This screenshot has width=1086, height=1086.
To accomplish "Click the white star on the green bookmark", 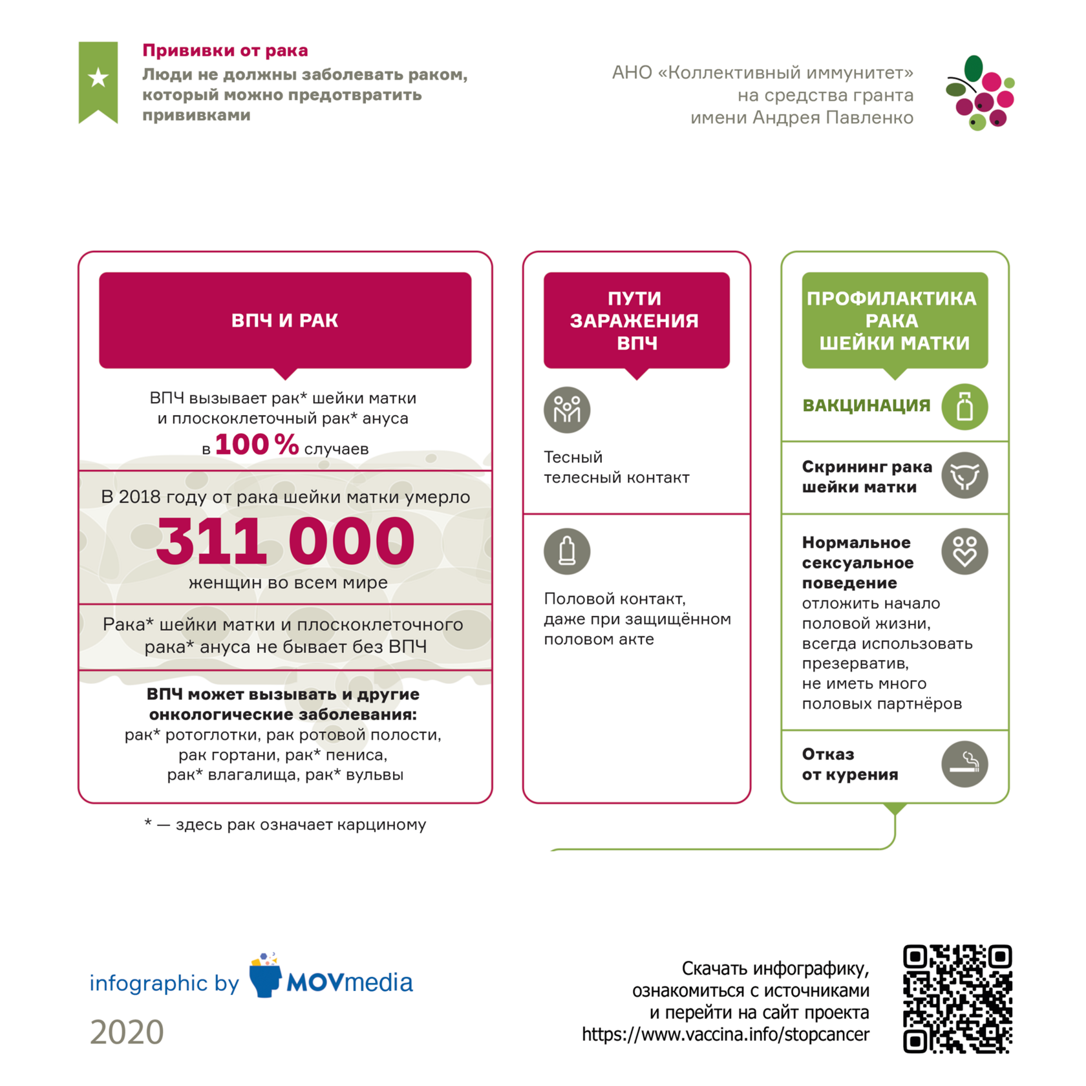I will [98, 78].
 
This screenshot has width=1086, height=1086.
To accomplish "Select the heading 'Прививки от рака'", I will [225, 50].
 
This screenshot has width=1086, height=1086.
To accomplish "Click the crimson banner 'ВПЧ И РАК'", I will [285, 320].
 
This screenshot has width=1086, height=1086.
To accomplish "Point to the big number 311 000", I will [285, 541].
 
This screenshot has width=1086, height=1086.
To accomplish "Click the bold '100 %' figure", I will [257, 445].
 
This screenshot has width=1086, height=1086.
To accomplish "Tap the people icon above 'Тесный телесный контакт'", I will [567, 410].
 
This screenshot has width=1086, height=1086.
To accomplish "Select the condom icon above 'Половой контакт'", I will [567, 551].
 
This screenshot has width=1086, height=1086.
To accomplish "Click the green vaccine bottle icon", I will [964, 407].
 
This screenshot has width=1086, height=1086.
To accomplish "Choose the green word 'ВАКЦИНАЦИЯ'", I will [866, 406].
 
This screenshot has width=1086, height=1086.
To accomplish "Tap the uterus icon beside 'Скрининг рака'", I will [964, 476].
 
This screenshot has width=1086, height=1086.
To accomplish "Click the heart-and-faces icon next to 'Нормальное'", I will [964, 551].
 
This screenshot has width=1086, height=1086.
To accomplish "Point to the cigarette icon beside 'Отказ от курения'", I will [964, 764].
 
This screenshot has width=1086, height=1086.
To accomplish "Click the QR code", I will [957, 999].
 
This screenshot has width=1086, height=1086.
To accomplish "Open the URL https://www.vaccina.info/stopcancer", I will [725, 1035].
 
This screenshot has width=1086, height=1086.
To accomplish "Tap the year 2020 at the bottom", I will [127, 1032].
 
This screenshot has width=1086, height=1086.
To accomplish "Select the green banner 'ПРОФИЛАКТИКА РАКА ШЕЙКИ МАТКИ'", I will [895, 320].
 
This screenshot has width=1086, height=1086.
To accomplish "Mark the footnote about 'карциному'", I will [285, 825].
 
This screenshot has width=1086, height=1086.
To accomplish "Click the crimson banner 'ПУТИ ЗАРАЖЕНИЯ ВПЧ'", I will [636, 320].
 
